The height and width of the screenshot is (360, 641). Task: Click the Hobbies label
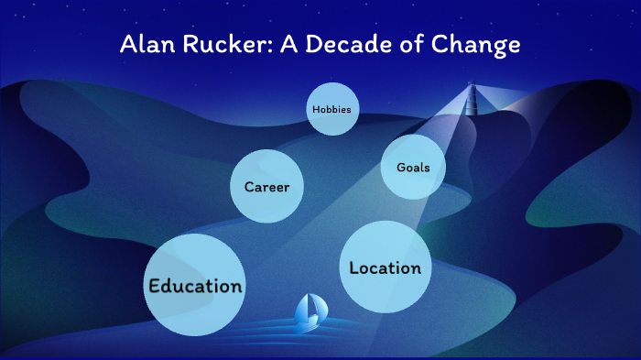[331, 109]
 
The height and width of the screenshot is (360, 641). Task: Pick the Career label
[266, 187]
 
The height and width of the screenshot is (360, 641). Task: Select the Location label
[386, 267]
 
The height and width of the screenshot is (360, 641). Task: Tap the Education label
[195, 285]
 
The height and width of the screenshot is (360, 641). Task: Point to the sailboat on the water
[306, 314]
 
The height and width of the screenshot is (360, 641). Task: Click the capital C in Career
[249, 187]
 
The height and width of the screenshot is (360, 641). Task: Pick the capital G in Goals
[401, 168]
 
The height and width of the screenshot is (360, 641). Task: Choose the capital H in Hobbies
[316, 109]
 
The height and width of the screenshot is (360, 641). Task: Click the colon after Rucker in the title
[263, 47]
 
